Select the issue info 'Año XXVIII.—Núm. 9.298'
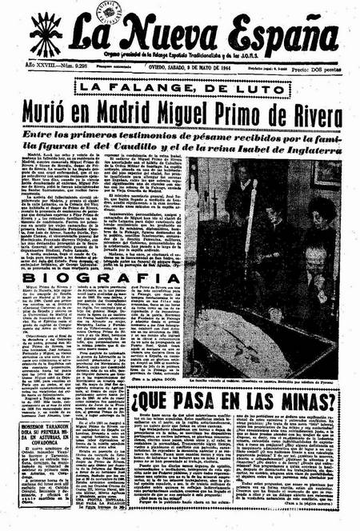coord(47,70)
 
